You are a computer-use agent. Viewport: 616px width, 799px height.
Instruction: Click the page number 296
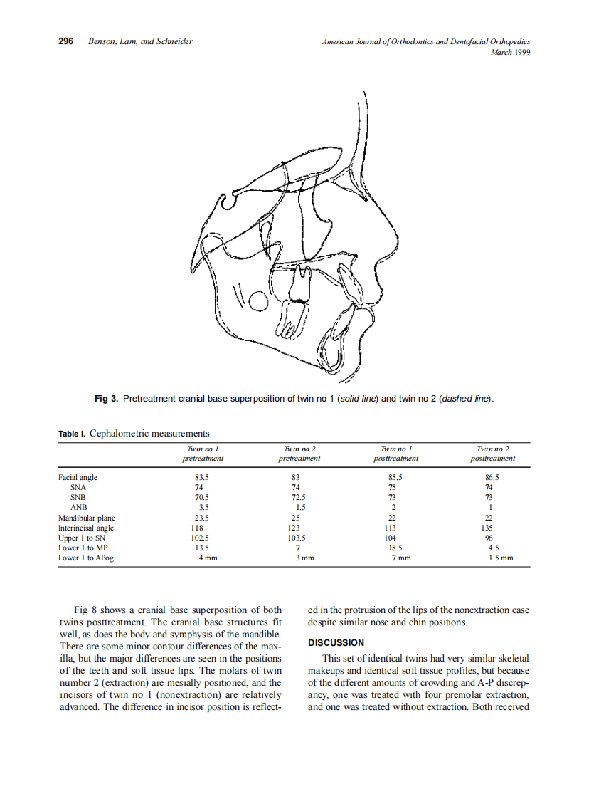(66, 41)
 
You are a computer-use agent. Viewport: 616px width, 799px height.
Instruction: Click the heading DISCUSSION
(336, 643)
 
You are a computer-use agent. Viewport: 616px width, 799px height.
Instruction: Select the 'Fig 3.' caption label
(106, 399)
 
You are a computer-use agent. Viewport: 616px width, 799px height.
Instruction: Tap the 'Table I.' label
(72, 434)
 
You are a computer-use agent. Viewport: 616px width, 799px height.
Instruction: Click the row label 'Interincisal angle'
(86, 528)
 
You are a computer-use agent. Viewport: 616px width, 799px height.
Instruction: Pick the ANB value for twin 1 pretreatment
(201, 508)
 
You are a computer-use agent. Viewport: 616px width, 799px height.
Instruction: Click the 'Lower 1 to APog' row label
(86, 558)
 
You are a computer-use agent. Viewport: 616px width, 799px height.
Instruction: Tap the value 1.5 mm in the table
(501, 558)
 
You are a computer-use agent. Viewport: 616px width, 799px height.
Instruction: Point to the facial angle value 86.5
(492, 478)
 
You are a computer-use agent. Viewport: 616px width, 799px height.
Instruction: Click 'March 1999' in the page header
(511, 52)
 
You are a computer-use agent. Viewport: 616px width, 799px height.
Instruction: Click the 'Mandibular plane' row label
(87, 518)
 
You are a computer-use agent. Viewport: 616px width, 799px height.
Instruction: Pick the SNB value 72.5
(299, 498)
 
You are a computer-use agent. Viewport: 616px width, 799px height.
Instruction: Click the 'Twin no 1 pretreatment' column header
(201, 454)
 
